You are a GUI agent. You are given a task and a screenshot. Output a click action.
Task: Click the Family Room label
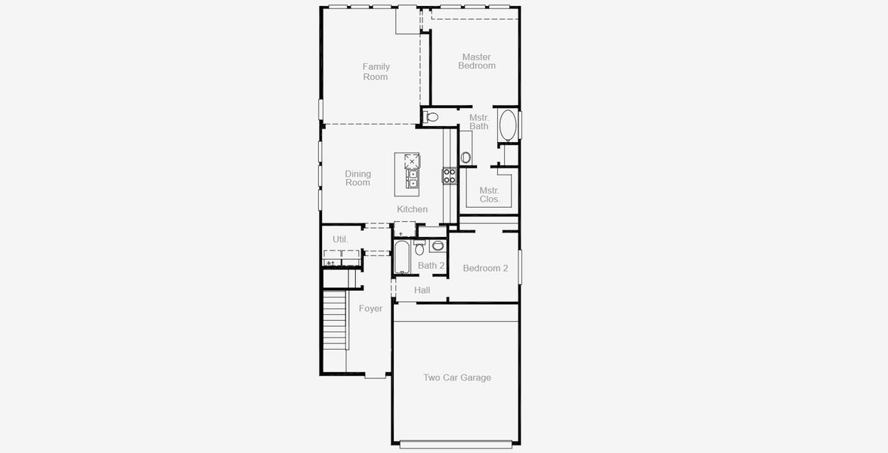point(376,72)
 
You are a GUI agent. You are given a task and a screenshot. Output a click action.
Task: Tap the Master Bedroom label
point(476,61)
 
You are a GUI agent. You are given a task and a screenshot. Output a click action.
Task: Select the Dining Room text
point(357,178)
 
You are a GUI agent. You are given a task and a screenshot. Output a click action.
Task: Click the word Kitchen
point(412,209)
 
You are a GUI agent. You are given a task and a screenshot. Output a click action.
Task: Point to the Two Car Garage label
point(456,377)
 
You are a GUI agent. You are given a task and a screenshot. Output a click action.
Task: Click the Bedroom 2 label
point(485,268)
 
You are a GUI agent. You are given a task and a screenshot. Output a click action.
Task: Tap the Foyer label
point(370,308)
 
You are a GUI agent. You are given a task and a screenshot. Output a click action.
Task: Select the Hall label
point(422,290)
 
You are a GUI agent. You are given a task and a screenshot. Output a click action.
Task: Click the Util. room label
point(340,239)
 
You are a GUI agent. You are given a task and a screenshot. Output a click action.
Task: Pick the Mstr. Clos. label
point(490,195)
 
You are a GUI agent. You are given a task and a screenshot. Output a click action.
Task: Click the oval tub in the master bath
point(508,125)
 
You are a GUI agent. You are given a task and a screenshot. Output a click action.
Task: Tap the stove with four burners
point(449,176)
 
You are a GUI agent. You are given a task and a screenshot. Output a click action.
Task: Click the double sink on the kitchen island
point(413,178)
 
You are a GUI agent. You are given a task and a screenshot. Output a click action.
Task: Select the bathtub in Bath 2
point(402,258)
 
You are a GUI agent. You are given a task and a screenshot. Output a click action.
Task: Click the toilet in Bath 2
point(419,248)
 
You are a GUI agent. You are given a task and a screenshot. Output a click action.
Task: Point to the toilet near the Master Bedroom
point(431,116)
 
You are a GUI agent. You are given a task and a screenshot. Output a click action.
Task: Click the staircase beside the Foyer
point(335,321)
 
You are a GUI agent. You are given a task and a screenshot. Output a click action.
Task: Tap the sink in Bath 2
point(438,245)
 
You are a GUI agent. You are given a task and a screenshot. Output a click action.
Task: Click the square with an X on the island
point(411,160)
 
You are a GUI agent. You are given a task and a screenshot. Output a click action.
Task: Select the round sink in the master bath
point(466,157)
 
